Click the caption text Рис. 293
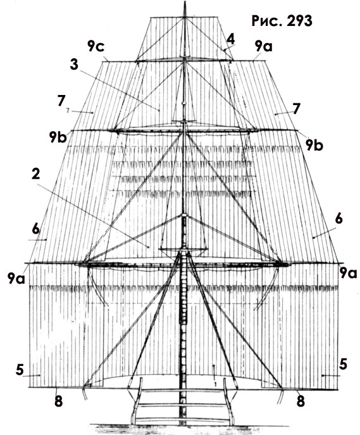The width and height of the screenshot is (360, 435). click(282, 21)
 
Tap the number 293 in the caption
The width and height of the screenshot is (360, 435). click(300, 21)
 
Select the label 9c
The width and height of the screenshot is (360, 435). click(96, 46)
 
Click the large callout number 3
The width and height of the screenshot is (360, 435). click(74, 65)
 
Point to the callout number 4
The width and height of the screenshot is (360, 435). click(230, 40)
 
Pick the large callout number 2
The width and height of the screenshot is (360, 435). click(36, 174)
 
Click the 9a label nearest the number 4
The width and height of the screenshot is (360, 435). click(264, 46)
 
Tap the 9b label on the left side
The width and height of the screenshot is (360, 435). click(58, 137)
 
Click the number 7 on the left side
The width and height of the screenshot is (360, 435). click(61, 101)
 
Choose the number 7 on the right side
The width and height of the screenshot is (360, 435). click(297, 109)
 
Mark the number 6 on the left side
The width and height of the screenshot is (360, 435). click(36, 230)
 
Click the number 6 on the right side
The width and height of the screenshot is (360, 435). click(338, 219)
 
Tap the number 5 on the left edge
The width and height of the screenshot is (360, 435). click(20, 370)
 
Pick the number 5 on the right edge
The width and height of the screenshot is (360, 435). click(343, 364)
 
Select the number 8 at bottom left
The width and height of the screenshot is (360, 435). click(58, 401)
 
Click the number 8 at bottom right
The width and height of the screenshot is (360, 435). click(301, 401)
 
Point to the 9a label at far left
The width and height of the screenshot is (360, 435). click(16, 278)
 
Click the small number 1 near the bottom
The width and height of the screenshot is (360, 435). click(215, 384)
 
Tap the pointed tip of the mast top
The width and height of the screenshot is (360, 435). click(185, 1)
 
